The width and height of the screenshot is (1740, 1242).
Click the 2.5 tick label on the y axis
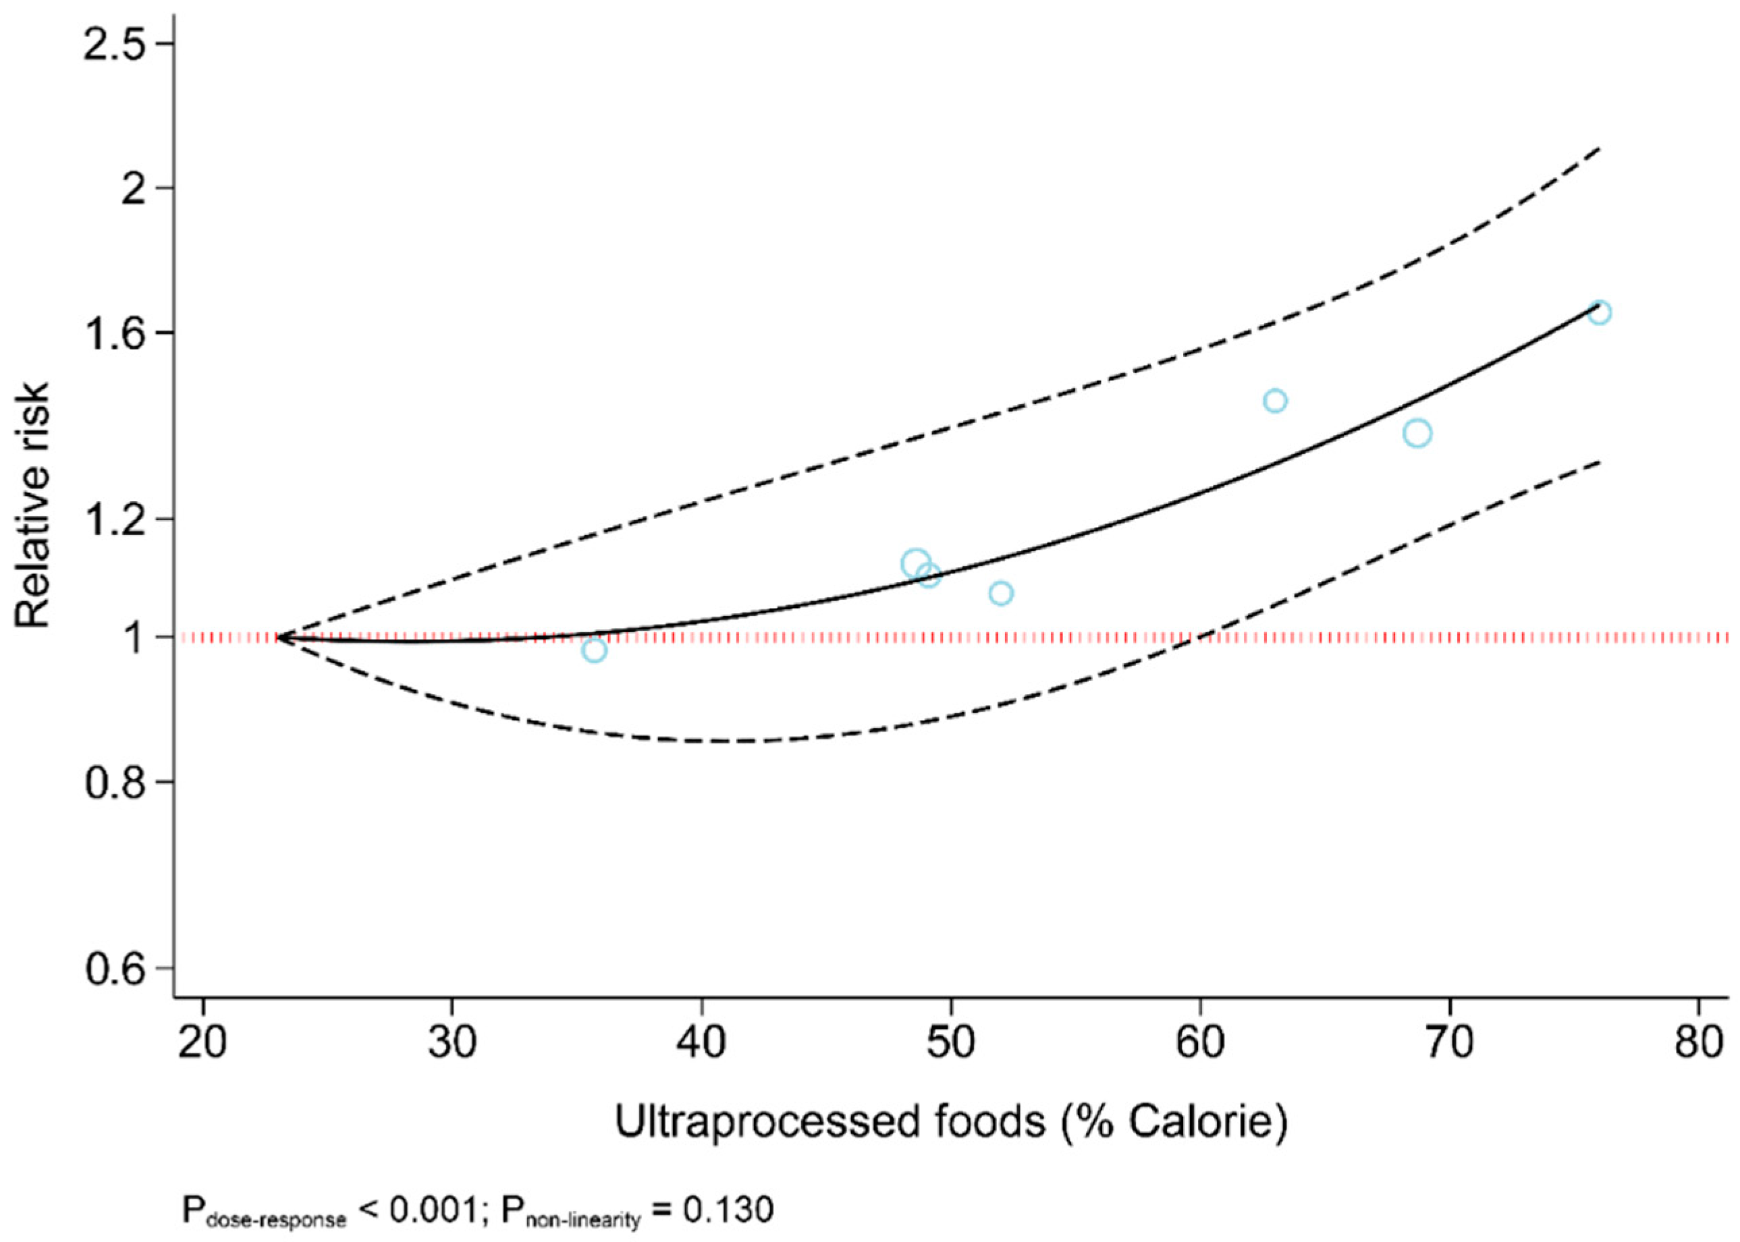(115, 45)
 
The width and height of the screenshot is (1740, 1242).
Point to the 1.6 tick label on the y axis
(115, 333)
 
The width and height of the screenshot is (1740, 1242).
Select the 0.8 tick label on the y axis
(115, 783)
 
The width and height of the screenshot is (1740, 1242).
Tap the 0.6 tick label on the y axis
(115, 969)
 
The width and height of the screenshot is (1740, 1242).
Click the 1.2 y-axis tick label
(115, 519)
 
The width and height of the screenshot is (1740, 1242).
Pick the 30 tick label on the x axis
(452, 1042)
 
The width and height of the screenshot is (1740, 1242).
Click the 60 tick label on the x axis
(1199, 1042)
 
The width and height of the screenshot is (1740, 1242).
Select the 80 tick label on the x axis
(1698, 1042)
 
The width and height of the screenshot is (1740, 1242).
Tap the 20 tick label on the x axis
(202, 1042)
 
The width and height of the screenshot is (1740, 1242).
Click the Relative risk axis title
(32, 505)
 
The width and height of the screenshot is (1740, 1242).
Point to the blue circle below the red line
(594, 651)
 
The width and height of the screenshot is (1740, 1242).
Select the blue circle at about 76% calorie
(1598, 312)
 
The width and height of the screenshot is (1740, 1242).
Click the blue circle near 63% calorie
(1275, 401)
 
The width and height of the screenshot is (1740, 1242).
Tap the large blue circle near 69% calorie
(1417, 434)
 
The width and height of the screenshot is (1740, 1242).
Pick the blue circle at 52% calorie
(1001, 593)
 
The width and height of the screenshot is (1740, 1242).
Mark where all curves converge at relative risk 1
(280, 636)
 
